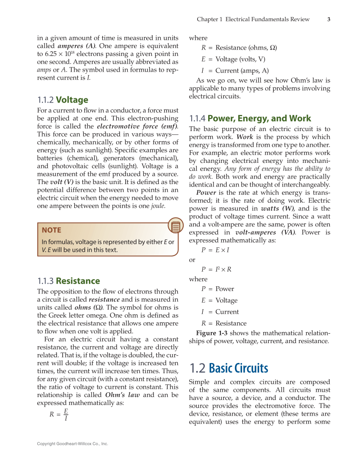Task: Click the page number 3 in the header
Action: click(329, 19)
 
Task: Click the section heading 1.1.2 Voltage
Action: click(63, 100)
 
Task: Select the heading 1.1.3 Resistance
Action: click(69, 281)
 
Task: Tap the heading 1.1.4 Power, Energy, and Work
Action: click(250, 118)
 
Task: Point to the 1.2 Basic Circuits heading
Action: click(229, 368)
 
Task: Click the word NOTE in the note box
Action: click(51, 230)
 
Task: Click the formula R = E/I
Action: click(59, 415)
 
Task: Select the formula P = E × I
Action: click(215, 250)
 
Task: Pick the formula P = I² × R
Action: click(216, 269)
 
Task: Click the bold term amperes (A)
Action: click(76, 46)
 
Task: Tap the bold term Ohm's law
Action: click(123, 395)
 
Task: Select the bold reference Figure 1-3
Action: click(212, 333)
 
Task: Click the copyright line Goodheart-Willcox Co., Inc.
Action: click(73, 444)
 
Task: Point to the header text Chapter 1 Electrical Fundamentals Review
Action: click(253, 19)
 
